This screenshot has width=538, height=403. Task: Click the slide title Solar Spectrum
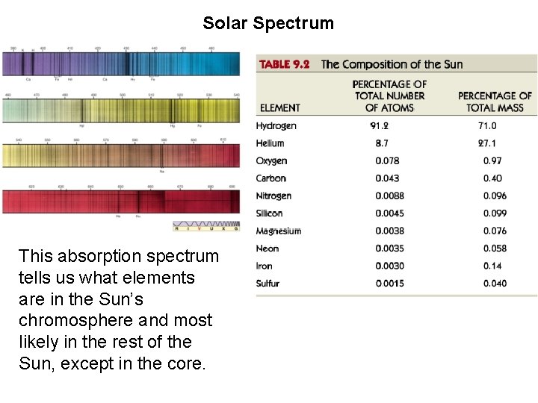pos(268,23)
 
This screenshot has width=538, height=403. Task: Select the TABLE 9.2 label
pos(284,64)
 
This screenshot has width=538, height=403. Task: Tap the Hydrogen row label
pos(276,126)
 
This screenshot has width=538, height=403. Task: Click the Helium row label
pos(270,143)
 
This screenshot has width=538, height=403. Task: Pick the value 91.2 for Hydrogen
pos(379,126)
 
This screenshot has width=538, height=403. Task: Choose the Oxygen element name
pos(271,161)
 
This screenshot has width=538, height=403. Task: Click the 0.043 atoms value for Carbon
pos(387,178)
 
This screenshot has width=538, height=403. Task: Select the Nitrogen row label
pos(273,196)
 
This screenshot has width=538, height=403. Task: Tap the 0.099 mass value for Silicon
pos(494,213)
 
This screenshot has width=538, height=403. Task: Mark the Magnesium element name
pos(278,231)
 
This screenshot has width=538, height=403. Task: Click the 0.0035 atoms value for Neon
pos(390,249)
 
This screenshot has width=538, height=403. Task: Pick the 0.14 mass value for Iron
pos(492,266)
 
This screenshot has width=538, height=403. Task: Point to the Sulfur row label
pos(268,284)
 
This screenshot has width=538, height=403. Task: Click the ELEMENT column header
pos(280,108)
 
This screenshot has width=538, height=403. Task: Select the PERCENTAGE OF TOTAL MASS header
pos(495,101)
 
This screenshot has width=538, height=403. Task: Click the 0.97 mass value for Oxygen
pos(492,161)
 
